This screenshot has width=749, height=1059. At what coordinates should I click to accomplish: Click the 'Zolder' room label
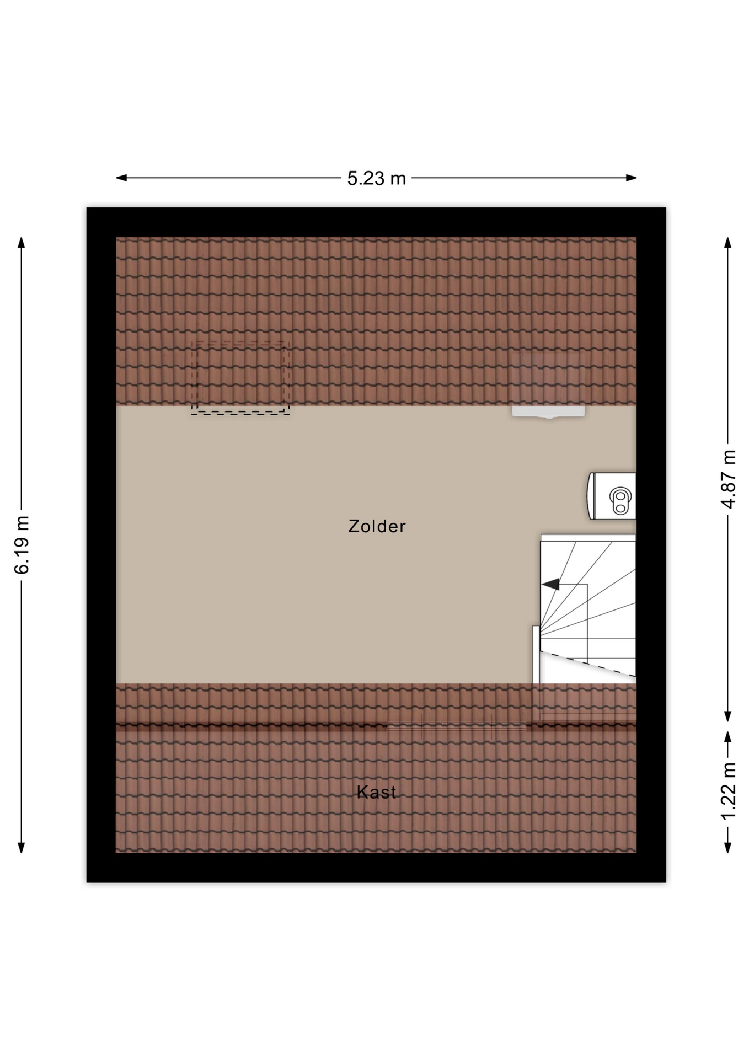click(x=377, y=526)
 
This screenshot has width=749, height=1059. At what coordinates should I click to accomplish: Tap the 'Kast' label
click(x=376, y=792)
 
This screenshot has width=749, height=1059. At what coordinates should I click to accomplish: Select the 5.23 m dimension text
click(x=376, y=178)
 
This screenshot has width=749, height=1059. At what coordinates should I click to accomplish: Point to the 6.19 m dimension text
click(x=22, y=545)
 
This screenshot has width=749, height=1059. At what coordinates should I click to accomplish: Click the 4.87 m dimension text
click(x=728, y=479)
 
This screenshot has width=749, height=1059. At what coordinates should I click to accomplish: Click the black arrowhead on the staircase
click(x=551, y=584)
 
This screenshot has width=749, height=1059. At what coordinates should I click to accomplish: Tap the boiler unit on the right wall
click(x=613, y=496)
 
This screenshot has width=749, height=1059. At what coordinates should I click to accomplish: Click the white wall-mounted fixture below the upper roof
click(x=548, y=411)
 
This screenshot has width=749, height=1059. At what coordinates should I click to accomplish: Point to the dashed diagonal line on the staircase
click(x=587, y=663)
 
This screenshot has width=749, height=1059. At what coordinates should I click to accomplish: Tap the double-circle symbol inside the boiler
click(x=620, y=500)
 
